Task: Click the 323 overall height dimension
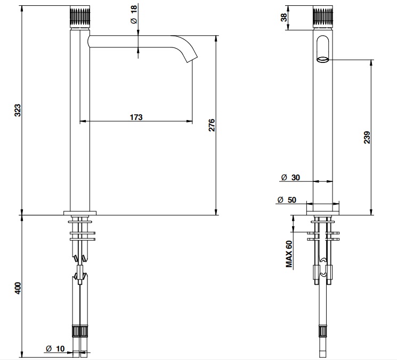[x=18, y=110]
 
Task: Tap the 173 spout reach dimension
[x=136, y=117]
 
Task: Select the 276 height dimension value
[x=212, y=125]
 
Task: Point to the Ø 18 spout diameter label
[x=134, y=14]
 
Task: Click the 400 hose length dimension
[x=18, y=288]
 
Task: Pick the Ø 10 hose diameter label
[x=55, y=349]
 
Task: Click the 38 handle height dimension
[x=284, y=18]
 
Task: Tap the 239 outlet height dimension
[x=367, y=137]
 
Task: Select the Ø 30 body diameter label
[x=290, y=178]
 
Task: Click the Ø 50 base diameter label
[x=287, y=200]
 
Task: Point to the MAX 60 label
[x=289, y=254]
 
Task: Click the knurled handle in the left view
[x=79, y=17]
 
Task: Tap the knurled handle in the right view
[x=323, y=17]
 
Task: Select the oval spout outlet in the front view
[x=323, y=60]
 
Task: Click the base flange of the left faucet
[x=80, y=213]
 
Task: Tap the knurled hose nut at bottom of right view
[x=322, y=331]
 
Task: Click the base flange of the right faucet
[x=323, y=213]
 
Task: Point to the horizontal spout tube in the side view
[x=132, y=41]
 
